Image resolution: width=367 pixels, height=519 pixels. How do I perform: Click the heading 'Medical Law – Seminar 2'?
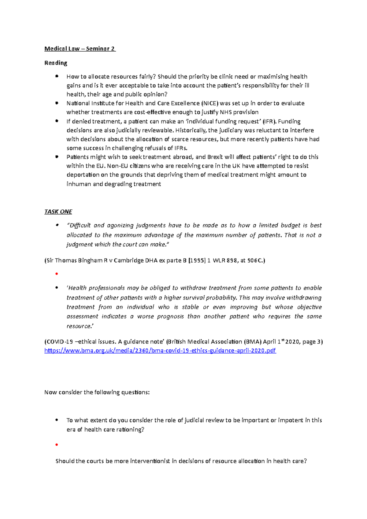pyautogui.click(x=80, y=49)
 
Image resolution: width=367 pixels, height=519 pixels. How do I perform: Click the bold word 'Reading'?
pyautogui.click(x=56, y=63)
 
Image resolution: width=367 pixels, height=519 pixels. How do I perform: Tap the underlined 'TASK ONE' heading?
pyautogui.click(x=58, y=212)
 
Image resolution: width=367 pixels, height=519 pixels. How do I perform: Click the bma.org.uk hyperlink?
pyautogui.click(x=160, y=351)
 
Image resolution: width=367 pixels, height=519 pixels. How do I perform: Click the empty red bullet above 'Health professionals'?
pyautogui.click(x=57, y=274)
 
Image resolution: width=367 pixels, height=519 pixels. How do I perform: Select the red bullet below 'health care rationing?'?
pyautogui.click(x=57, y=445)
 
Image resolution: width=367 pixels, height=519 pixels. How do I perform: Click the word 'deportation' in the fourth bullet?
pyautogui.click(x=83, y=175)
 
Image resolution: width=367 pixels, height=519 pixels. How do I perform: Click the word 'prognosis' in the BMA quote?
pyautogui.click(x=170, y=317)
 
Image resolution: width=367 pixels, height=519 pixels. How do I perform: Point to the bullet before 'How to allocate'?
pyautogui.click(x=57, y=76)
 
